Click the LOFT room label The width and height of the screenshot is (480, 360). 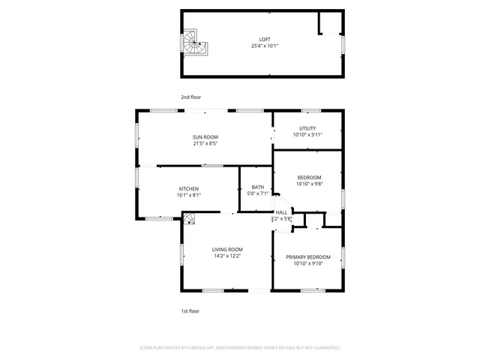[265, 39]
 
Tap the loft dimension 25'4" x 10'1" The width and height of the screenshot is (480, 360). [265, 46]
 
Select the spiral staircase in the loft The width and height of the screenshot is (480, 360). [195, 43]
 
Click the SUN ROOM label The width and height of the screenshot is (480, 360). [205, 136]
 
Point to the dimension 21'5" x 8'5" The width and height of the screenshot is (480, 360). [205, 143]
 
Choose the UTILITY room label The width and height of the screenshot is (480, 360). [307, 128]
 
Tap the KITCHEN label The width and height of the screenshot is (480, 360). [188, 188]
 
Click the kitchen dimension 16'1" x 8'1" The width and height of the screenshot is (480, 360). [188, 195]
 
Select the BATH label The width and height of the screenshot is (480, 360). [257, 187]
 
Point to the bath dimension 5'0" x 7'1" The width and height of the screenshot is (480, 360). [257, 193]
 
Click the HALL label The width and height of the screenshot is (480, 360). [281, 212]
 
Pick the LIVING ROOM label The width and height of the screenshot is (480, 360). [226, 249]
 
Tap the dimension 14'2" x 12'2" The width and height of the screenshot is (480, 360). [226, 256]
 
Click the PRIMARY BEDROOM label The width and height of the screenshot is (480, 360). [307, 256]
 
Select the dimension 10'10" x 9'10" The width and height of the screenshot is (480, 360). [307, 263]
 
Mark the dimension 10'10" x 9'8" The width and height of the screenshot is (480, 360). [308, 184]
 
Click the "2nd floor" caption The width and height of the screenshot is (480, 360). [190, 97]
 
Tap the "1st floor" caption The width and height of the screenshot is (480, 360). [190, 310]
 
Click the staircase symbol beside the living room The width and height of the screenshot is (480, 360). [190, 218]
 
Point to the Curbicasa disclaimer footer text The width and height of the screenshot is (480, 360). [240, 348]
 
